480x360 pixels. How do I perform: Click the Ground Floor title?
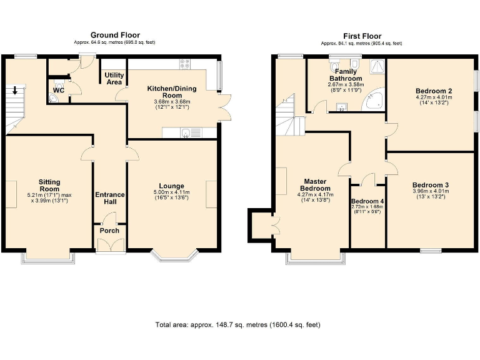click(115, 35)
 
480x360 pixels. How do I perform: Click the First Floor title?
click(362, 36)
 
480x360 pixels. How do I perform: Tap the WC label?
click(59, 90)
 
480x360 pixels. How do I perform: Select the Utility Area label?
click(113, 78)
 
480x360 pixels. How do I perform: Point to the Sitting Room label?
click(49, 185)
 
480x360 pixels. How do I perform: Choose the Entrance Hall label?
click(110, 199)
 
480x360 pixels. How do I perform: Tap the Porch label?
click(109, 231)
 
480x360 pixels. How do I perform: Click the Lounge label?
click(171, 186)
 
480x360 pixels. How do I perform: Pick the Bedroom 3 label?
click(430, 185)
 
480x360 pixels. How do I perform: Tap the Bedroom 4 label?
click(367, 201)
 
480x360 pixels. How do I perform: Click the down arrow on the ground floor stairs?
click(15, 91)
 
